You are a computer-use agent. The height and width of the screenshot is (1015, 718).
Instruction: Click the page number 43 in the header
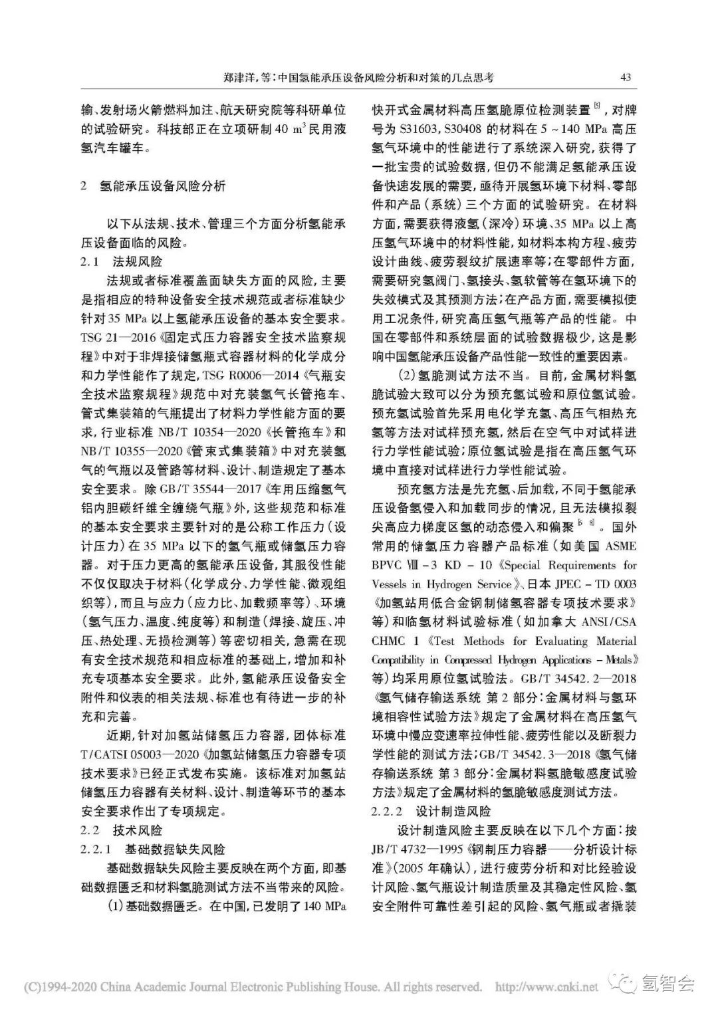tap(625, 76)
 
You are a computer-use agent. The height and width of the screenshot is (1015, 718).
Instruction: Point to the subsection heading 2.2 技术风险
tap(121, 830)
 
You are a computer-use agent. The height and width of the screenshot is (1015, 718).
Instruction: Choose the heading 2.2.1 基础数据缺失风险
tap(152, 849)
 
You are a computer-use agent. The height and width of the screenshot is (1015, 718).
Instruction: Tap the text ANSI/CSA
tap(602, 622)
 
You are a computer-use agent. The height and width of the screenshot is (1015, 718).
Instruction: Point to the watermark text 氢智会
tap(667, 982)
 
